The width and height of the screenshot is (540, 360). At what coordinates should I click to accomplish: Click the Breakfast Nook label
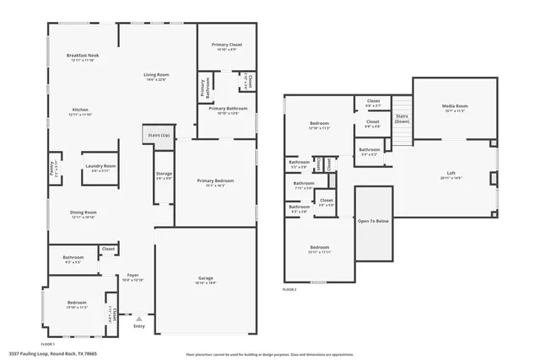click(x=82, y=56)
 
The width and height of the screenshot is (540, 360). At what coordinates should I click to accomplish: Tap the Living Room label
click(x=155, y=75)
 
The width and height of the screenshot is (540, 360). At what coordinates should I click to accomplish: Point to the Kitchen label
click(x=80, y=110)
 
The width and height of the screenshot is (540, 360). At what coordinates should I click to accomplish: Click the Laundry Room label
click(x=100, y=166)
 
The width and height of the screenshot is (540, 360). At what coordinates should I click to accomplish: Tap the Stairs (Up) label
click(x=159, y=135)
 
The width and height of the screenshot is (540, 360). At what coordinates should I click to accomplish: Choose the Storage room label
click(x=164, y=174)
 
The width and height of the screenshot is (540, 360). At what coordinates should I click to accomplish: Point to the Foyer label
click(x=132, y=275)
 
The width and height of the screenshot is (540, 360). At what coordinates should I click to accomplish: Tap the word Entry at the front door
click(x=139, y=327)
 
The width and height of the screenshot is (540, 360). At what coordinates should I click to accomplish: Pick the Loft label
click(x=451, y=173)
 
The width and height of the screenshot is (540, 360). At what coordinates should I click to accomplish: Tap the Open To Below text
click(x=373, y=221)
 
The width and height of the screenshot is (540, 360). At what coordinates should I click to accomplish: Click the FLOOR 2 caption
click(x=290, y=289)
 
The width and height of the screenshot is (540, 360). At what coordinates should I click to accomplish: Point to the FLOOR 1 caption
click(x=47, y=343)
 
